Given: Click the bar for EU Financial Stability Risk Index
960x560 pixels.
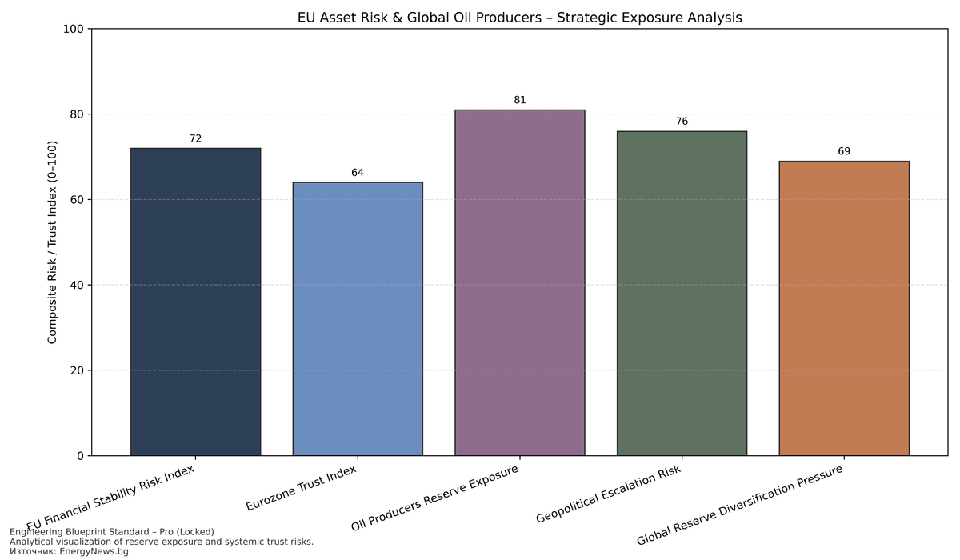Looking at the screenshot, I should pyautogui.click(x=195, y=302).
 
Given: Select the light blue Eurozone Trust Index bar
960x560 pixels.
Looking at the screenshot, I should pyautogui.click(x=358, y=318).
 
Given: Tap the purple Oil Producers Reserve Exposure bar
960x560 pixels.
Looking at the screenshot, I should pyautogui.click(x=520, y=282).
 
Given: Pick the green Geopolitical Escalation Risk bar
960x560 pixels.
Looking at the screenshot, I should pyautogui.click(x=682, y=293).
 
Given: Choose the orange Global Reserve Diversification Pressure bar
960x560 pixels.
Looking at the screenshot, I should pyautogui.click(x=844, y=308).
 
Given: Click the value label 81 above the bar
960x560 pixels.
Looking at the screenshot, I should pyautogui.click(x=520, y=100).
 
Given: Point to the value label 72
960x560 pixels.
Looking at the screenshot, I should pyautogui.click(x=195, y=138).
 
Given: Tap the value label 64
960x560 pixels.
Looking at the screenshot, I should pyautogui.click(x=358, y=173).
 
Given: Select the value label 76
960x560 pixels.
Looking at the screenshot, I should pyautogui.click(x=682, y=122).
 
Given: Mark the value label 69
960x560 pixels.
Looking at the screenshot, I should pyautogui.click(x=844, y=151).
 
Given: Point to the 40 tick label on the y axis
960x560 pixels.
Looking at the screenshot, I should pyautogui.click(x=78, y=285).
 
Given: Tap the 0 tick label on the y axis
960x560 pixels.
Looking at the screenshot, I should pyautogui.click(x=81, y=456).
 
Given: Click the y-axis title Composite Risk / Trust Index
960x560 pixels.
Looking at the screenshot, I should pyautogui.click(x=53, y=242).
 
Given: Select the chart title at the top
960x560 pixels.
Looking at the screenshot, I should pyautogui.click(x=519, y=16).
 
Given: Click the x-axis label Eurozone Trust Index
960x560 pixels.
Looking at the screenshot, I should pyautogui.click(x=302, y=488).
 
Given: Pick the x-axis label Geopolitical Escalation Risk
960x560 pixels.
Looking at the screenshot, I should pyautogui.click(x=609, y=492).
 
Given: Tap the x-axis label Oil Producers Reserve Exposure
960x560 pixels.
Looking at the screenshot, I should pyautogui.click(x=436, y=498).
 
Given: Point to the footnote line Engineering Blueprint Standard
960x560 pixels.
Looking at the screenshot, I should pyautogui.click(x=112, y=532).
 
